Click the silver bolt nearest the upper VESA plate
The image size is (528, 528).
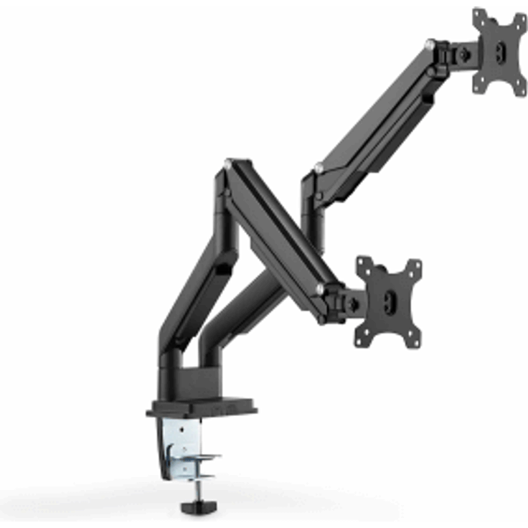click(x=430, y=44)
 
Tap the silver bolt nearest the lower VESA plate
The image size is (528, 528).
click(x=319, y=288)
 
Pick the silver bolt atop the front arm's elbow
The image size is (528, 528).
click(x=227, y=164)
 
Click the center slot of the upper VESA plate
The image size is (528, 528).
click(x=500, y=52)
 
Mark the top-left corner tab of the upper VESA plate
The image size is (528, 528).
click(x=478, y=15)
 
